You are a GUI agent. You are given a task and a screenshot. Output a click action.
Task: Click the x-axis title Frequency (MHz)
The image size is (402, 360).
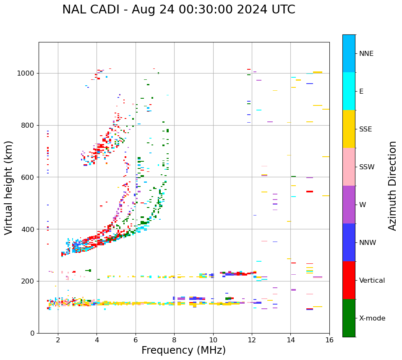[x=183, y=350]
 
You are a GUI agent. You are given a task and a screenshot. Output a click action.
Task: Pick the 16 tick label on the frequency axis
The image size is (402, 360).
[x=329, y=340]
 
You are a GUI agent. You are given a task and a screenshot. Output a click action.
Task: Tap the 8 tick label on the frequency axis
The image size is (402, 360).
[x=174, y=340]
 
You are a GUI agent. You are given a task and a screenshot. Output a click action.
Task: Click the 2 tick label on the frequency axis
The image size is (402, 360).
[x=58, y=340]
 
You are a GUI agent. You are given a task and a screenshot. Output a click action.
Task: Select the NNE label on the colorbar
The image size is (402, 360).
[x=366, y=54]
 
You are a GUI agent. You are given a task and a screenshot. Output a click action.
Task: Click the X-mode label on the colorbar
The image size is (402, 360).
[x=372, y=318]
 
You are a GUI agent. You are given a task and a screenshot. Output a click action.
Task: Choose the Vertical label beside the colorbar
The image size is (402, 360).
[x=372, y=281]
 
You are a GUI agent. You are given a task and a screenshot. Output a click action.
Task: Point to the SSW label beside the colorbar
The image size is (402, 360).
[x=367, y=167]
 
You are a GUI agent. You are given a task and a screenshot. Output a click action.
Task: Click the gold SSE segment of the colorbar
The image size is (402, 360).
[x=349, y=129]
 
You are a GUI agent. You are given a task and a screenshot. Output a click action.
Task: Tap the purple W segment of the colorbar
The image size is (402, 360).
[x=349, y=205]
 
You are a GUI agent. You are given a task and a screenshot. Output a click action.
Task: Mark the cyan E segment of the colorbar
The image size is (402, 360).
[x=349, y=91]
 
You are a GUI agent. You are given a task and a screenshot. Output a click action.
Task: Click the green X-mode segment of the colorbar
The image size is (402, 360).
[x=349, y=318]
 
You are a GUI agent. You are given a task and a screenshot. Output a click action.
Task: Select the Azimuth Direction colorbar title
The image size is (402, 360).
[x=392, y=186]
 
